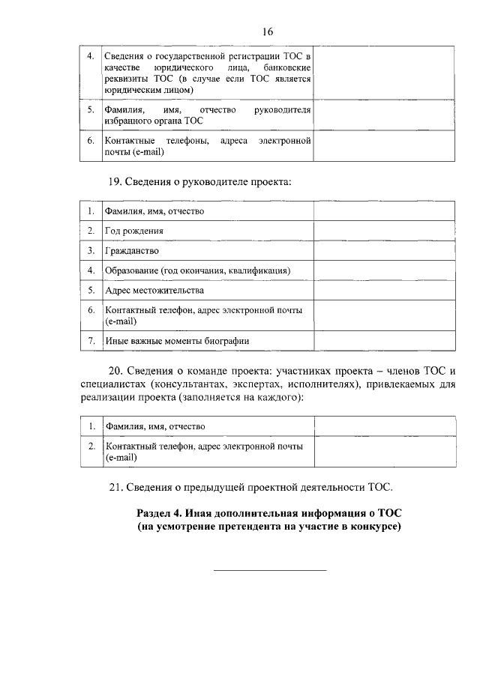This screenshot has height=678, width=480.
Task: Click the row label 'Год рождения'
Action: (134, 231)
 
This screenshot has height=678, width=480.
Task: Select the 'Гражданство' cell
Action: (132, 250)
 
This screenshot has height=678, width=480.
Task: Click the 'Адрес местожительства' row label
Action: (154, 290)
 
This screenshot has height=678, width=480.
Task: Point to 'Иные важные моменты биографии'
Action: (177, 341)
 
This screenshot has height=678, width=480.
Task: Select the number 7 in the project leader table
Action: (90, 341)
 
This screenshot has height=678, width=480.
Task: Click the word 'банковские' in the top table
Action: (287, 68)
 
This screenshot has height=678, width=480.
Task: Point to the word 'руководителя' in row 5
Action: (283, 110)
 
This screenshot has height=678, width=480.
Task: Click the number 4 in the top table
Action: (90, 57)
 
